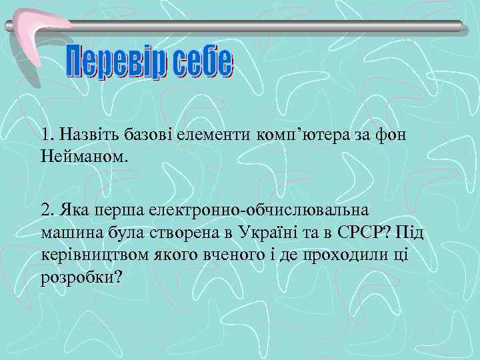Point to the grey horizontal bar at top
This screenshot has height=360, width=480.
pos(267,25)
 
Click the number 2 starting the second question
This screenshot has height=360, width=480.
pos(45,210)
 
